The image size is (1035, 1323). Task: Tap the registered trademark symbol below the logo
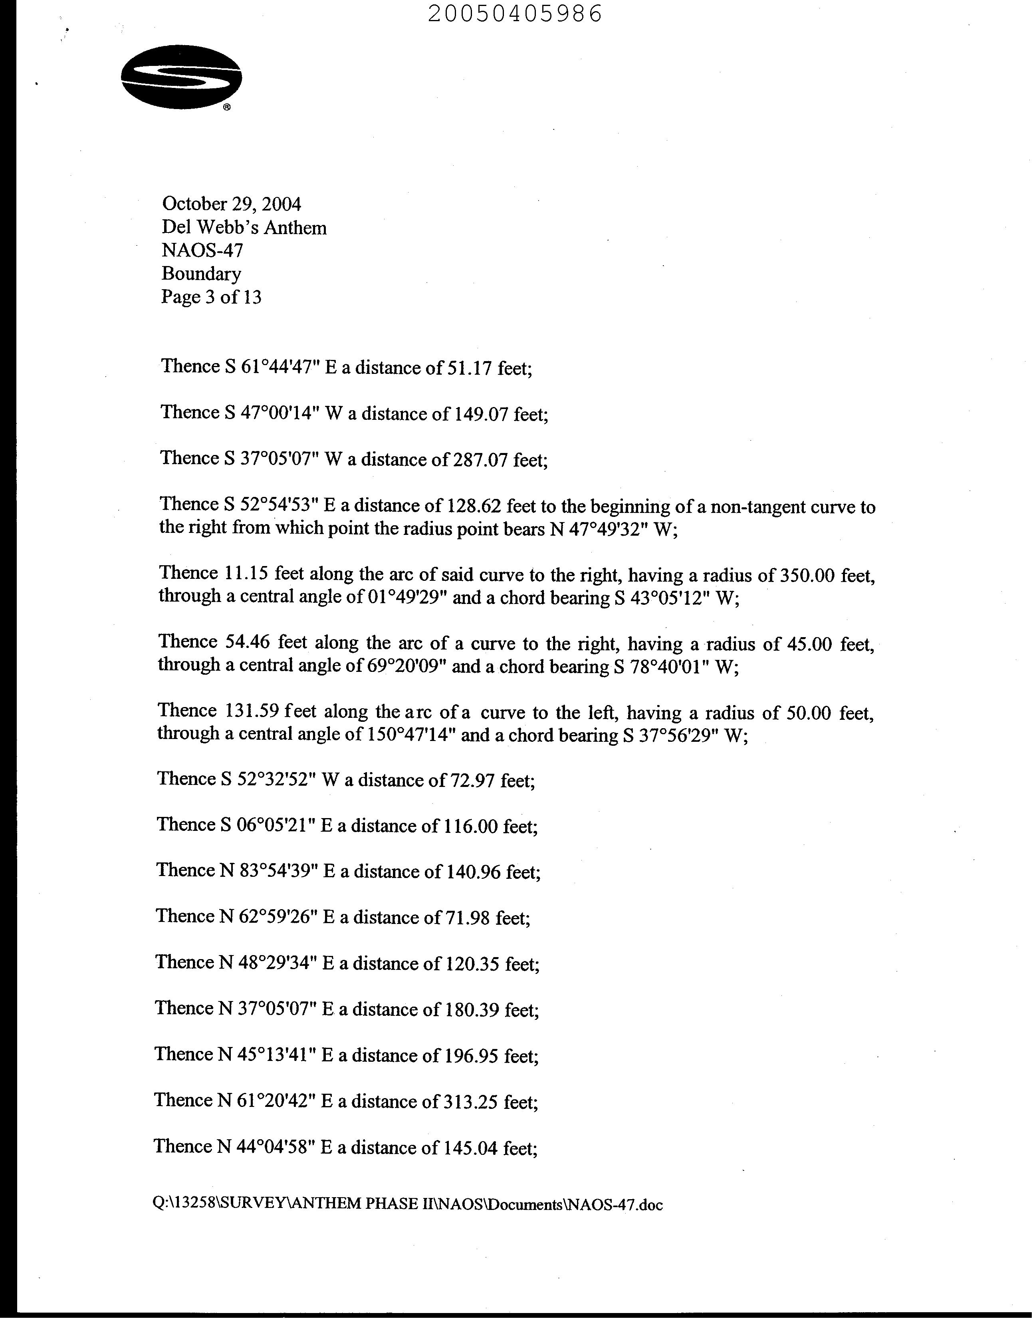click(226, 108)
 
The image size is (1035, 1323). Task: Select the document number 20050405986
click(515, 13)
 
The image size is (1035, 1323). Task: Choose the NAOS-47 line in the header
click(202, 250)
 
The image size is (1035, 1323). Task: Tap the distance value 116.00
click(468, 826)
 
